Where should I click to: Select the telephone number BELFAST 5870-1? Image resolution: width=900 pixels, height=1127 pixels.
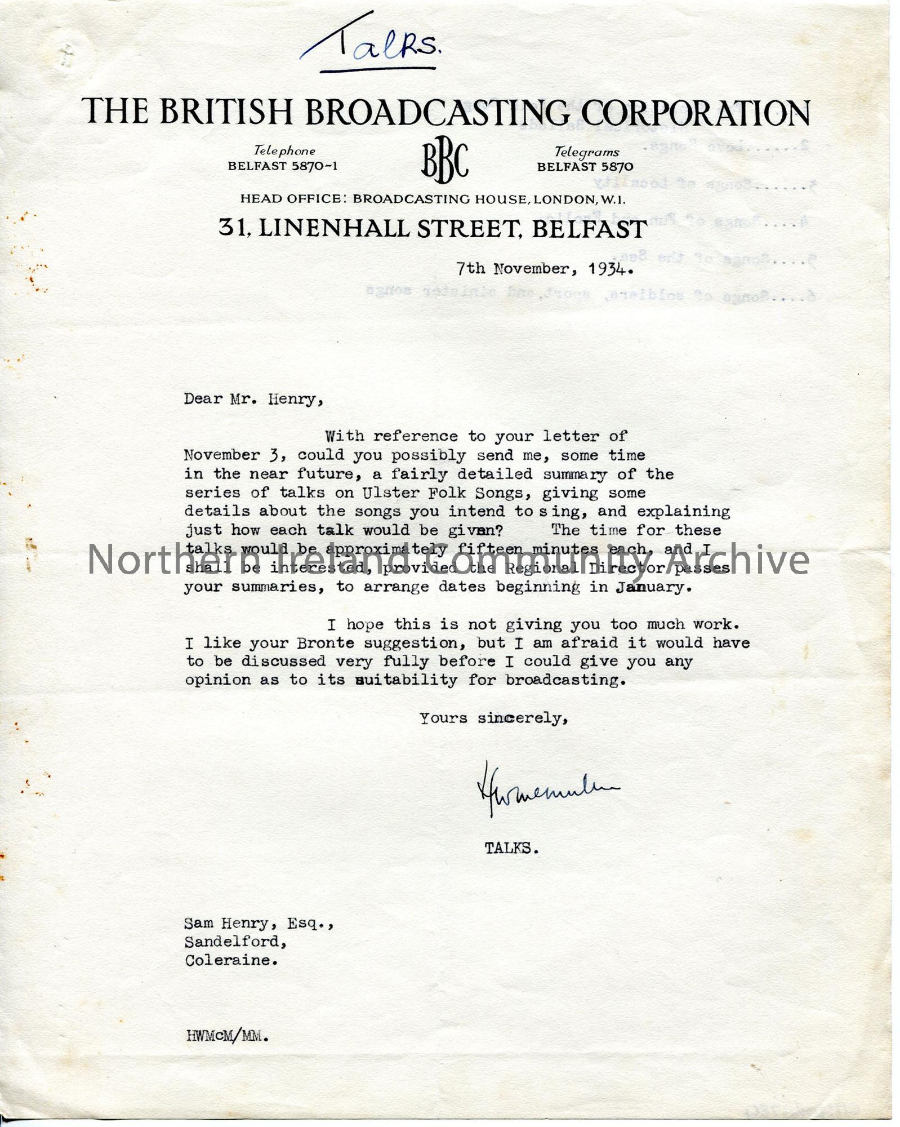click(x=283, y=166)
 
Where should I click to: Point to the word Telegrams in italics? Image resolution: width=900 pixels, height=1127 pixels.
click(x=586, y=152)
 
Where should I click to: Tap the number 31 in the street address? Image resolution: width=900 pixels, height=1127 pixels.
click(x=231, y=228)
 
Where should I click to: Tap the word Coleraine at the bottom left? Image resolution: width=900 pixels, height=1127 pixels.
click(x=230, y=961)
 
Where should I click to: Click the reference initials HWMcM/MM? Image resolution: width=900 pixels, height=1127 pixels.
click(x=227, y=1036)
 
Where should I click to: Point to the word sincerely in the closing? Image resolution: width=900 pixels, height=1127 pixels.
click(x=522, y=718)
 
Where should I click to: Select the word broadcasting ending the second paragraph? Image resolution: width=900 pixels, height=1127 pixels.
click(x=564, y=680)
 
